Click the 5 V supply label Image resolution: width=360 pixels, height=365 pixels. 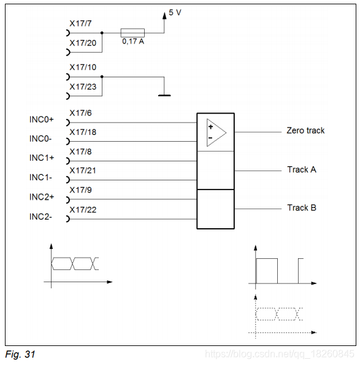[175, 12]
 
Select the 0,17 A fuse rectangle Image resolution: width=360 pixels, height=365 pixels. [132, 33]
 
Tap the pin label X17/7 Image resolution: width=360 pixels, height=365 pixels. [80, 23]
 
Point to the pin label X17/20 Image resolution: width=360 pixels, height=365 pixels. [83, 43]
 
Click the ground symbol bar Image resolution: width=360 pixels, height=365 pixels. [164, 96]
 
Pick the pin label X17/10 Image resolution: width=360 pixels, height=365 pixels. [83, 67]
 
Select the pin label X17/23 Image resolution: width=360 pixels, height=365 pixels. [83, 87]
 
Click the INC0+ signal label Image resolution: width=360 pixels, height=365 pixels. [42, 120]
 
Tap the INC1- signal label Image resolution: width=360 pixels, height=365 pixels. [40, 177]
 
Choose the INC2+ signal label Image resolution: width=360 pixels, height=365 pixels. [42, 197]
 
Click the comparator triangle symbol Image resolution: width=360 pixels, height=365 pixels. [216, 133]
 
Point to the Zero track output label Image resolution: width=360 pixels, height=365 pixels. [305, 130]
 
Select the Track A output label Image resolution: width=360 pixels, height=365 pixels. [302, 169]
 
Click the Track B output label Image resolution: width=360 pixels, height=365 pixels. [302, 207]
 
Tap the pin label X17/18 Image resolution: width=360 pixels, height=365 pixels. [83, 133]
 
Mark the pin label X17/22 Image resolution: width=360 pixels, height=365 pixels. [83, 210]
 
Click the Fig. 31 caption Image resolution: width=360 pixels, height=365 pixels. [20, 355]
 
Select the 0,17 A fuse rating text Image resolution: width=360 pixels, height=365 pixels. [133, 42]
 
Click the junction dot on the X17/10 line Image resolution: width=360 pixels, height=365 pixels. [102, 77]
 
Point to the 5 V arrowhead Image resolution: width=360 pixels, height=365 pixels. [164, 15]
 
